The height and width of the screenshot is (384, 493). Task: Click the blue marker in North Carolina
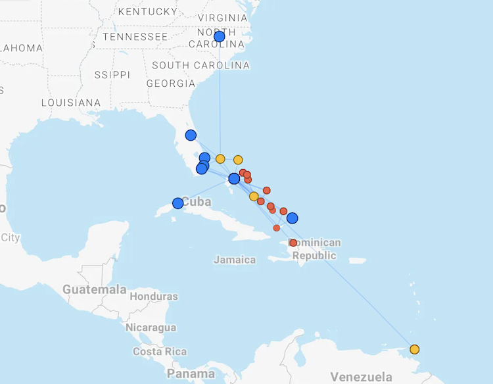(x=220, y=37)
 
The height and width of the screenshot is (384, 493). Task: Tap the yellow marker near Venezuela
(x=414, y=349)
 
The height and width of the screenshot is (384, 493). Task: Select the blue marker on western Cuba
(x=177, y=203)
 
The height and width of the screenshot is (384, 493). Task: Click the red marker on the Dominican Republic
(x=293, y=243)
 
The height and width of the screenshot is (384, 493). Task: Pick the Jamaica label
(x=235, y=260)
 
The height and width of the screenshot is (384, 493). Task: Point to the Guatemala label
(x=95, y=289)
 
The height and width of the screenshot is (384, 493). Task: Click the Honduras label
(x=154, y=297)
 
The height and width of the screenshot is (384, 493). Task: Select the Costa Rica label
(x=160, y=352)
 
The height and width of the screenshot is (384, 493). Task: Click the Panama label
(x=191, y=374)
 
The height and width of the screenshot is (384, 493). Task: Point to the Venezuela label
(x=361, y=377)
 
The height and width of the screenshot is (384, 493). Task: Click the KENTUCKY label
(x=148, y=11)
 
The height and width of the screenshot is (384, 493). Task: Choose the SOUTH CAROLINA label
(x=200, y=65)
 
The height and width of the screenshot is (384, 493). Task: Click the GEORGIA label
(x=171, y=84)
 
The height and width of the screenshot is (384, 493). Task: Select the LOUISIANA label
(x=71, y=103)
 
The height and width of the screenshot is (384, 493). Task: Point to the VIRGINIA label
(x=223, y=18)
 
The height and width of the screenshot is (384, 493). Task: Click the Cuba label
(x=197, y=202)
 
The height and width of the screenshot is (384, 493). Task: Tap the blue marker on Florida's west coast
(x=191, y=135)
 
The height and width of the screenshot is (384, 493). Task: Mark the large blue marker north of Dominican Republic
(x=293, y=218)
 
